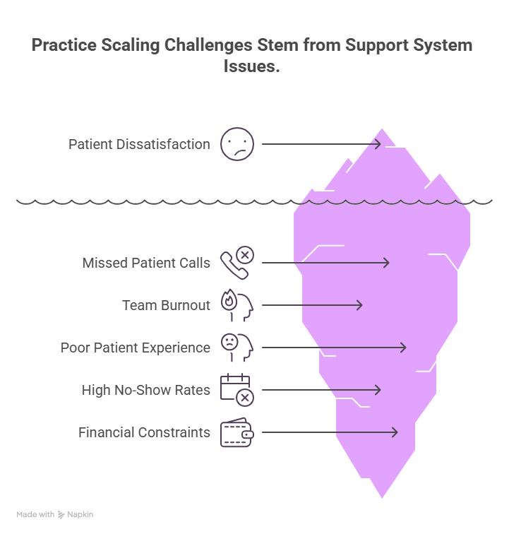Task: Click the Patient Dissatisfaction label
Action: (x=139, y=144)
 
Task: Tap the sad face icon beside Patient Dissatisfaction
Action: (x=236, y=144)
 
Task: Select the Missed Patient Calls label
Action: (x=146, y=263)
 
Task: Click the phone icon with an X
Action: (x=236, y=263)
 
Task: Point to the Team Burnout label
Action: (x=166, y=305)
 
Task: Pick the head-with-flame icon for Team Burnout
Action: (x=236, y=305)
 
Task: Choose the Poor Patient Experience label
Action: (x=135, y=348)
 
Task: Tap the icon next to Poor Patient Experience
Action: (x=236, y=348)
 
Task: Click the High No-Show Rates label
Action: (x=145, y=390)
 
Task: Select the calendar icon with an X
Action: (x=236, y=390)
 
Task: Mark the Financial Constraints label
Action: (x=144, y=432)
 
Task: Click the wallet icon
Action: (x=236, y=432)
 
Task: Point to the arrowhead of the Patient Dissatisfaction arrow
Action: (x=379, y=144)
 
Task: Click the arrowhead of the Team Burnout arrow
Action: (x=360, y=305)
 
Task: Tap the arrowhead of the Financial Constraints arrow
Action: (x=395, y=432)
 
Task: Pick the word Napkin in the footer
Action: (x=80, y=515)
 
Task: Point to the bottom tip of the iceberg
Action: (x=383, y=499)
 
